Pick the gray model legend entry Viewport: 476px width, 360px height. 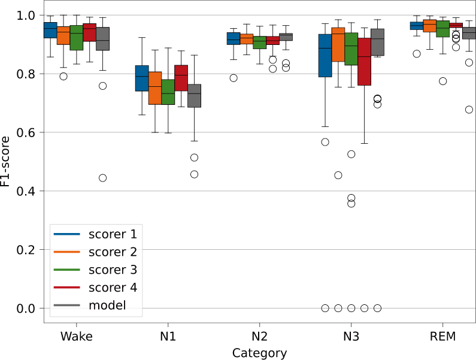107,305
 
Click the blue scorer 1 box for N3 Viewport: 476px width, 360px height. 325,56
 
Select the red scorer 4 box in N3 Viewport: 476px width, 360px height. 364,62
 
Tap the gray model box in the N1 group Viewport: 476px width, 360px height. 194,96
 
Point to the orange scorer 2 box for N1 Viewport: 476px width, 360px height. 155,88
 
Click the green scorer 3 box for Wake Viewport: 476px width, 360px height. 77,38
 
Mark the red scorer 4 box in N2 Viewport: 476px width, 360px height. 272,41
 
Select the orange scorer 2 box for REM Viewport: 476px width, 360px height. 429,26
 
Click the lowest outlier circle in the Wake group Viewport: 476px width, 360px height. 102,178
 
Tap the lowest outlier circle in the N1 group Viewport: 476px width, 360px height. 194,174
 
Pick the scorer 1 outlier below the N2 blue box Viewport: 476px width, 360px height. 234,78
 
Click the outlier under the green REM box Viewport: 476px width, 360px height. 442,81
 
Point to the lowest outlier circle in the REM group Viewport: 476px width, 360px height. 469,110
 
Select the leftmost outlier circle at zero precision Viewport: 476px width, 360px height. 325,308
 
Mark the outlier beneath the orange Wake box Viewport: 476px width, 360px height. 63,76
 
